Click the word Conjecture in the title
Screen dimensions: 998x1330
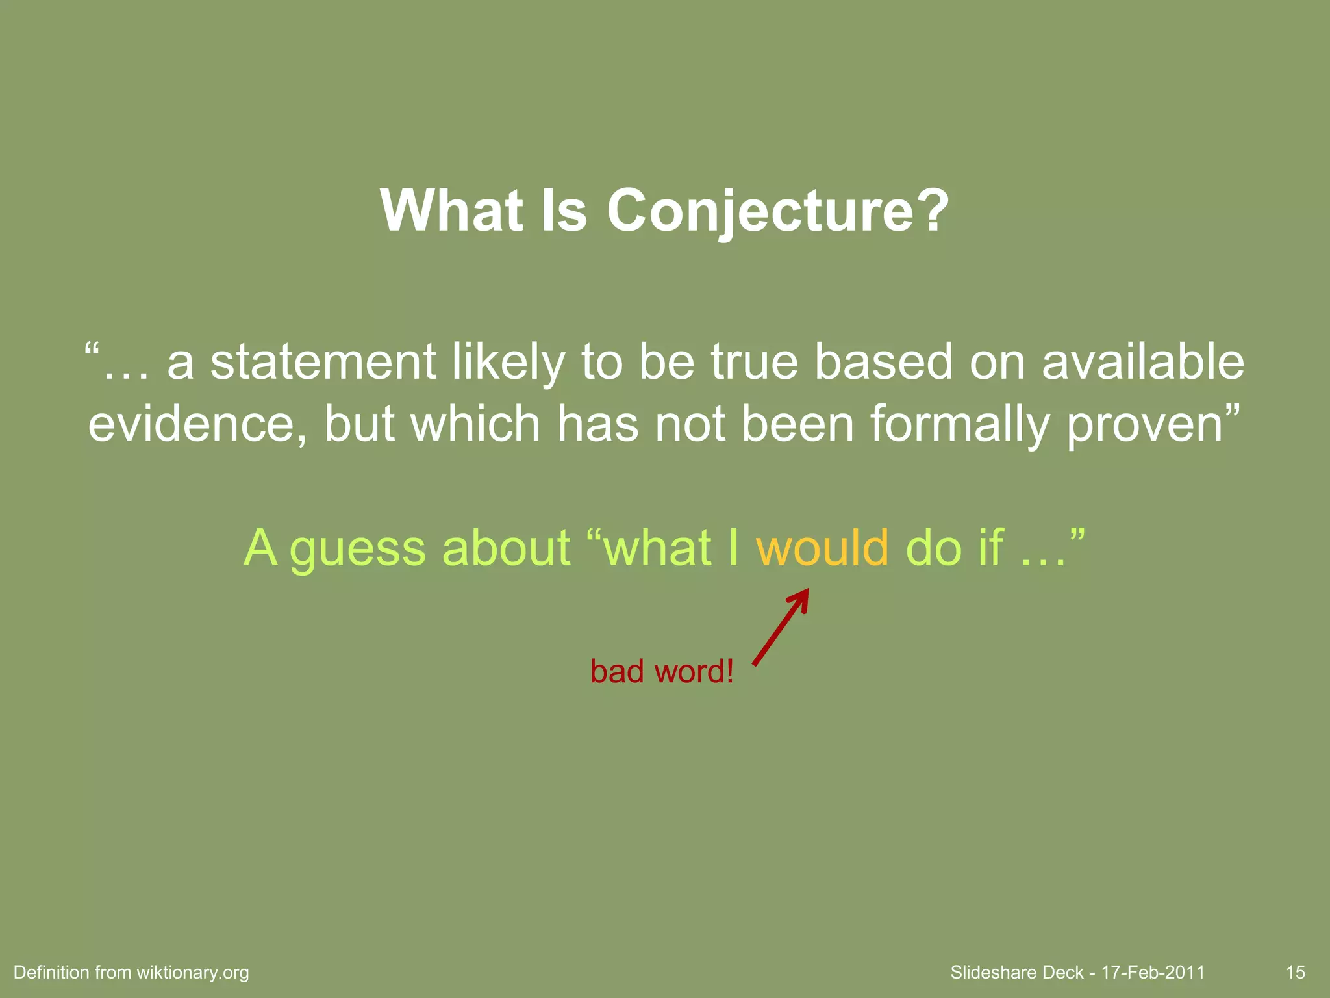pos(764,211)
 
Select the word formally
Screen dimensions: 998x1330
pos(959,424)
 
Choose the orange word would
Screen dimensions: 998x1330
pos(822,547)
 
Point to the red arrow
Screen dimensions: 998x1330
pos(781,626)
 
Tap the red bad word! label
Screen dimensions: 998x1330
pos(662,671)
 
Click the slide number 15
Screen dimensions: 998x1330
pos(1295,972)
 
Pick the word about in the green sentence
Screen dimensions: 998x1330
pos(506,547)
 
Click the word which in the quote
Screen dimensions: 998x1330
pos(475,424)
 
